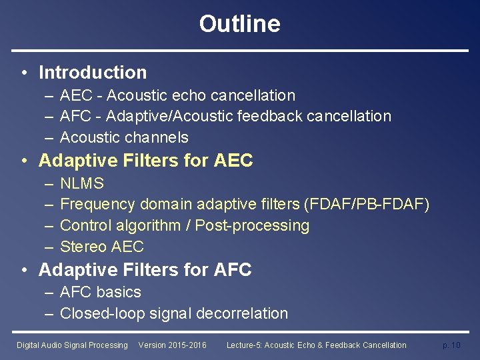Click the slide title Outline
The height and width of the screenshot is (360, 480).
click(239, 24)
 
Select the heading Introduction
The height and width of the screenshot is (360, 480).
click(93, 72)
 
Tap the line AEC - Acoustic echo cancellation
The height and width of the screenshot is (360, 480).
click(177, 95)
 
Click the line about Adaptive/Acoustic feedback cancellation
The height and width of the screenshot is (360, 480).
click(225, 116)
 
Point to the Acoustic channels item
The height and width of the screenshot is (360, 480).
click(124, 137)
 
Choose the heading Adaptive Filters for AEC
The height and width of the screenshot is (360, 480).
click(146, 161)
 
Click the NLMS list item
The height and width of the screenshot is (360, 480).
click(82, 183)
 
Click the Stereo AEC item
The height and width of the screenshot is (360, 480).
click(102, 247)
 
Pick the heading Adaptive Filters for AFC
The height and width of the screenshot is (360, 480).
click(145, 270)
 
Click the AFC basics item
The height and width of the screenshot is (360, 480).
click(101, 292)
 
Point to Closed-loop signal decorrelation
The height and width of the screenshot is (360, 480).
click(174, 313)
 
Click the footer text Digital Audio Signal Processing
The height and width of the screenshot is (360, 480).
click(72, 345)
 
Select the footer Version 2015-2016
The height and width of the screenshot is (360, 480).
click(172, 345)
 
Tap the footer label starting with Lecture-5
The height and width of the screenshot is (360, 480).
click(316, 345)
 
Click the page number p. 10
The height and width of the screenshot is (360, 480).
click(451, 345)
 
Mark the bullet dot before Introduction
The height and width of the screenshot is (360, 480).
click(24, 73)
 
